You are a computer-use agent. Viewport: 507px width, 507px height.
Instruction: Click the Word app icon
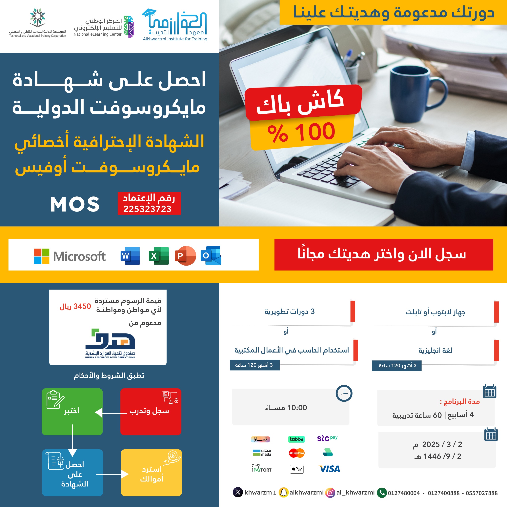click(130, 256)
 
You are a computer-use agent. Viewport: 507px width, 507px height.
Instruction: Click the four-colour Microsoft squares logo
click(42, 256)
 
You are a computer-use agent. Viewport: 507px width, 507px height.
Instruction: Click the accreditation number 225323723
click(147, 209)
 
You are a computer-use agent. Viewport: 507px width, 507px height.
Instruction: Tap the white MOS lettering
click(75, 204)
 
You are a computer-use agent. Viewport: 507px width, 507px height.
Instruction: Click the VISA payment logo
click(329, 469)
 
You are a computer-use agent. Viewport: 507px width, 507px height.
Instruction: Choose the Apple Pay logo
click(297, 469)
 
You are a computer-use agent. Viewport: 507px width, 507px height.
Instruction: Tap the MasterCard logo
click(297, 453)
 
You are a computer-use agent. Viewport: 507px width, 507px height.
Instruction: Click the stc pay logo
click(327, 438)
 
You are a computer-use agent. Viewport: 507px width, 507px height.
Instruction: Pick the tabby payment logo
click(296, 439)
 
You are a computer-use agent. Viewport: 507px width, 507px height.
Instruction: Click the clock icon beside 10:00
click(344, 393)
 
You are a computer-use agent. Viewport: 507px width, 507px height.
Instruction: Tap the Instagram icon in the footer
click(330, 493)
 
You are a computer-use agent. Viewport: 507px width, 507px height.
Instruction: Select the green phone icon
click(382, 493)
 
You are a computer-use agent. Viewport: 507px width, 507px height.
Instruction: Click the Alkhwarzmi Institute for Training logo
click(175, 25)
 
